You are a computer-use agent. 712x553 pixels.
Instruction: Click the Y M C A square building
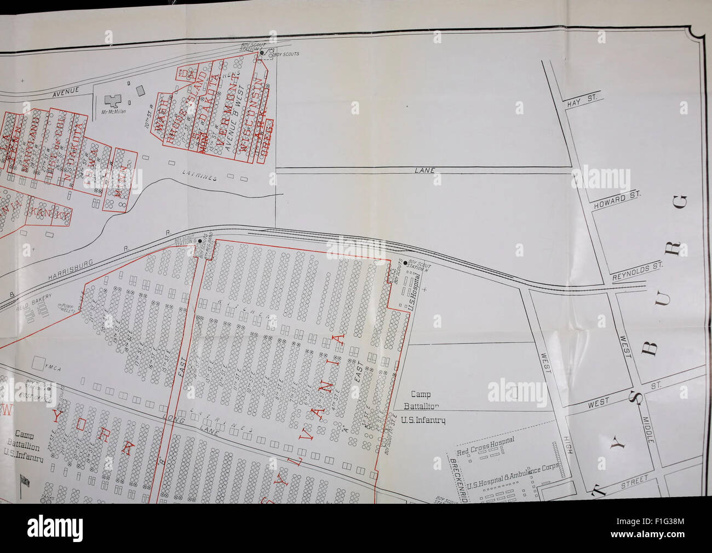39,363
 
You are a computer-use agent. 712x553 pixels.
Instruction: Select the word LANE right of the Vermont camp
424,171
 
